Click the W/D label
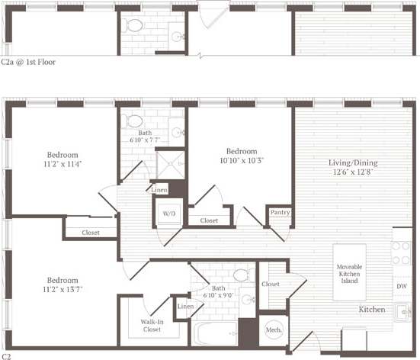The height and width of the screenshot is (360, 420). [x=169, y=213]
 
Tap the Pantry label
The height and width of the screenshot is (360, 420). [x=279, y=212]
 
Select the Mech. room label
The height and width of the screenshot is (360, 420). [x=273, y=329]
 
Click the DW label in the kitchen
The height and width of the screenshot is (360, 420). [x=401, y=286]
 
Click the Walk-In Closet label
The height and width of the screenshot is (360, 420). [x=151, y=326]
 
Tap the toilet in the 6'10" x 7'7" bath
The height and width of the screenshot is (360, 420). [x=134, y=121]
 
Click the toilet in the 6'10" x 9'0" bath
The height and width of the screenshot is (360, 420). [x=241, y=275]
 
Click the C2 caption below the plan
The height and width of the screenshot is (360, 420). [x=7, y=355]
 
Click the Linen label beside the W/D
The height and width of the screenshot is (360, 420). [x=160, y=190]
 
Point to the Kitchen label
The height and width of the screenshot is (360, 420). [x=372, y=310]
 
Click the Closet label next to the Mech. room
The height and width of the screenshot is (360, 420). [x=270, y=284]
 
